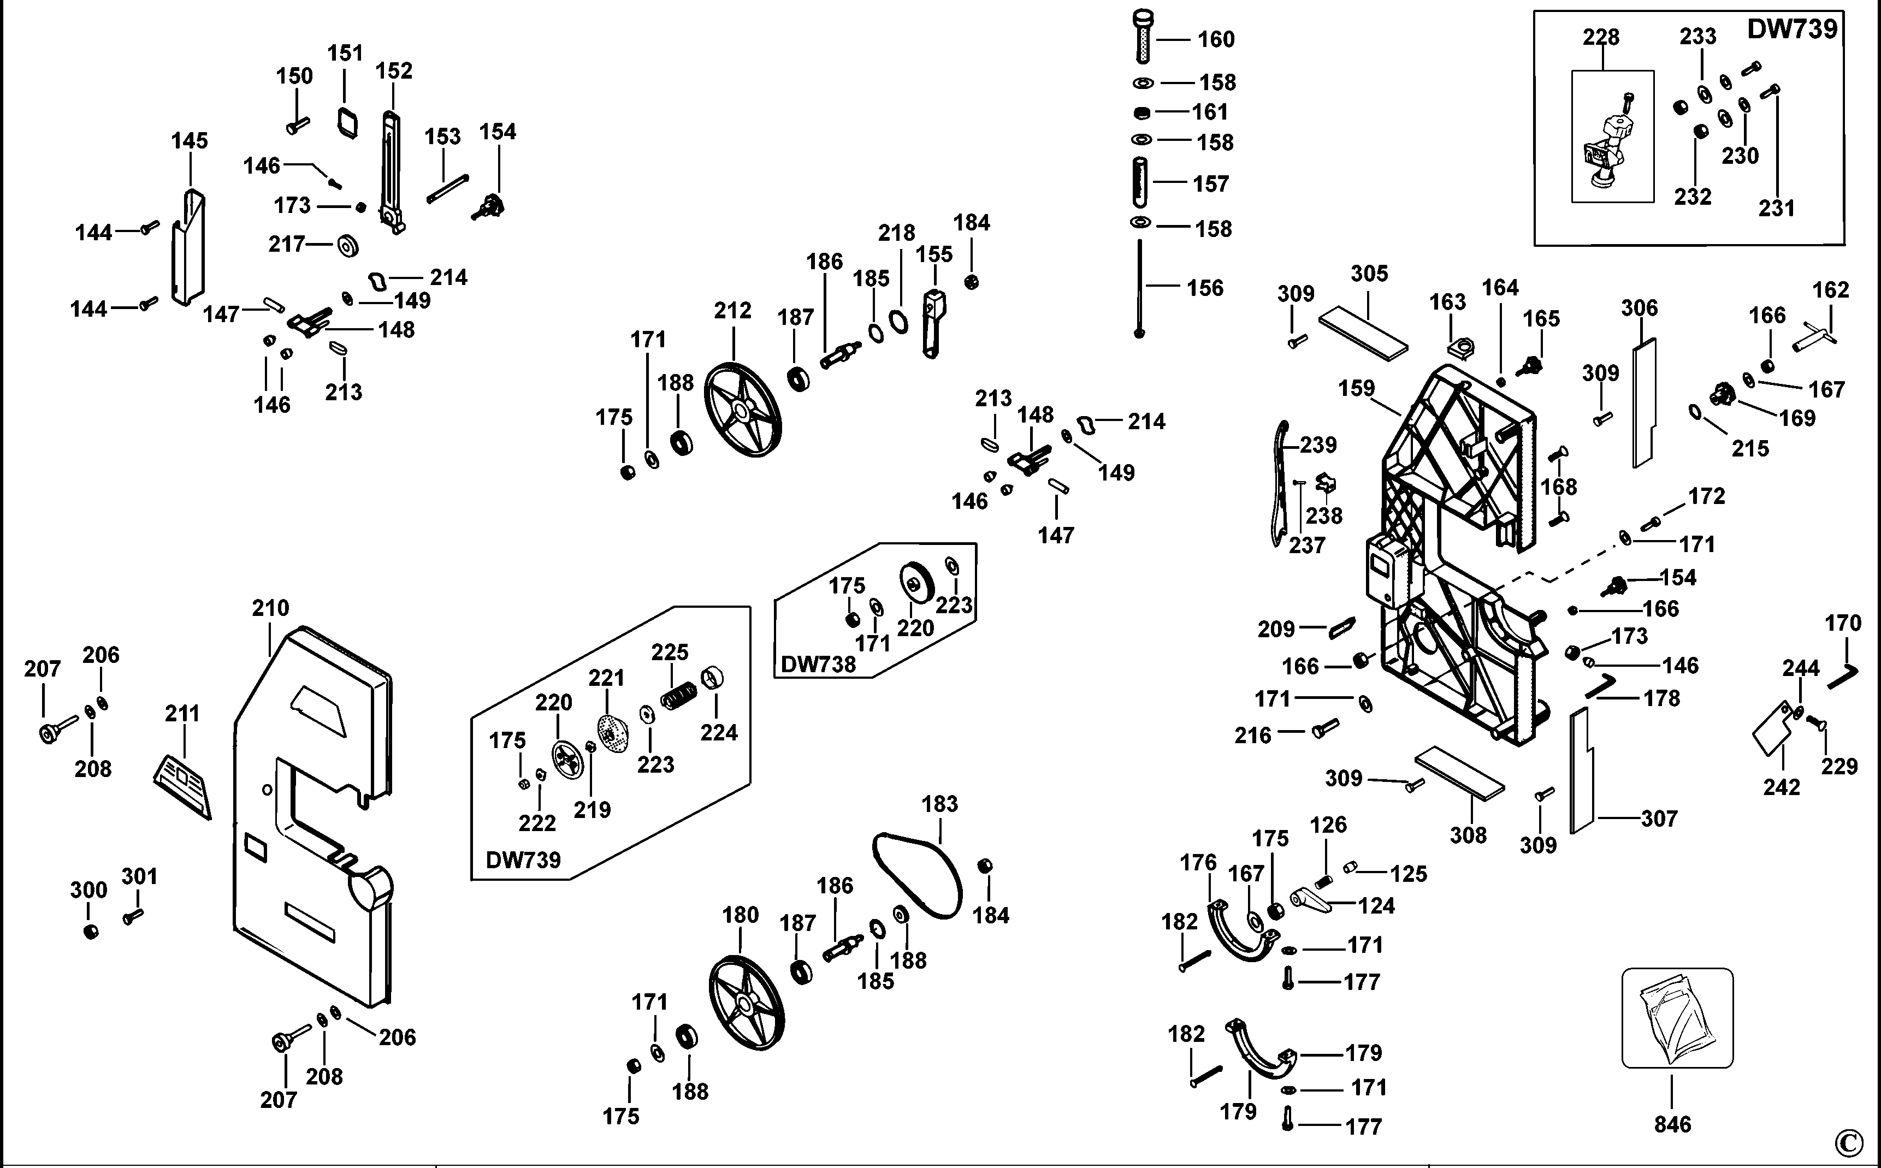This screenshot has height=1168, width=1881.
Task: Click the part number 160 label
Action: (x=1216, y=39)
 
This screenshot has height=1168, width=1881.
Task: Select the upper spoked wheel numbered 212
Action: (x=742, y=410)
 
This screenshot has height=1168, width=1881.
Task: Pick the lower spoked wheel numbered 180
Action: (x=746, y=1004)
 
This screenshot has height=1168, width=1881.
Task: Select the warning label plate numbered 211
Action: (x=182, y=786)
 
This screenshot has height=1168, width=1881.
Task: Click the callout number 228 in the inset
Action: (x=1601, y=37)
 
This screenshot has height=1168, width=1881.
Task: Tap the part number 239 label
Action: (x=1318, y=445)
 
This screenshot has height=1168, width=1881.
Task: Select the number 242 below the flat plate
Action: (x=1782, y=787)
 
